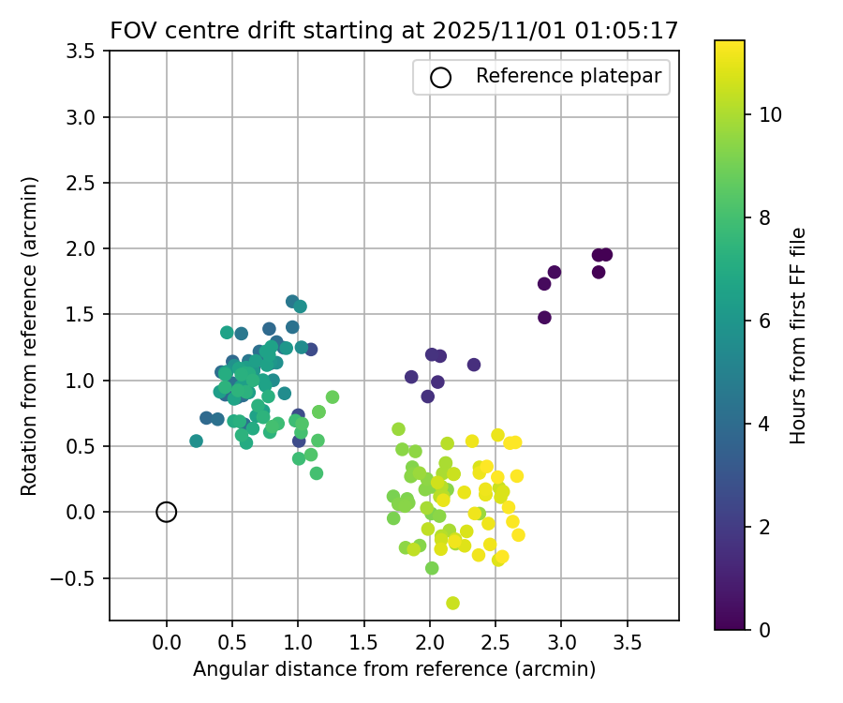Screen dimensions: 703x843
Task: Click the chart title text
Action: coord(394,30)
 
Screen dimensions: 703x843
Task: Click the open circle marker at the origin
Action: coord(167,512)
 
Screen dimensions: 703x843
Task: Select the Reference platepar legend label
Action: coord(571,77)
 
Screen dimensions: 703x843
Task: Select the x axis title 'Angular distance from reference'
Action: coord(394,669)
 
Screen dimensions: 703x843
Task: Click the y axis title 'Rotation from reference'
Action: coord(30,336)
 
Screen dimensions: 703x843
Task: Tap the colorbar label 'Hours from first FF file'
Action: coord(798,336)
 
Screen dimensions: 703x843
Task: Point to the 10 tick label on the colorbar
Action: coord(770,115)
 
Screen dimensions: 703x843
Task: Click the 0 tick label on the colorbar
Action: coord(763,629)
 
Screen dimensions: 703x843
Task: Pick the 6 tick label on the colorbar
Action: coord(763,321)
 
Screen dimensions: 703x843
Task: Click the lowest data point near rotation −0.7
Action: coord(452,603)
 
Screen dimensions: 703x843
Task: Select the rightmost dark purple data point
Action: coord(606,255)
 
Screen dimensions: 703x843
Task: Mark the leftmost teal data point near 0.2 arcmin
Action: coord(196,441)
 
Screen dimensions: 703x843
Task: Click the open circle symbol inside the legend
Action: coord(441,78)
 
